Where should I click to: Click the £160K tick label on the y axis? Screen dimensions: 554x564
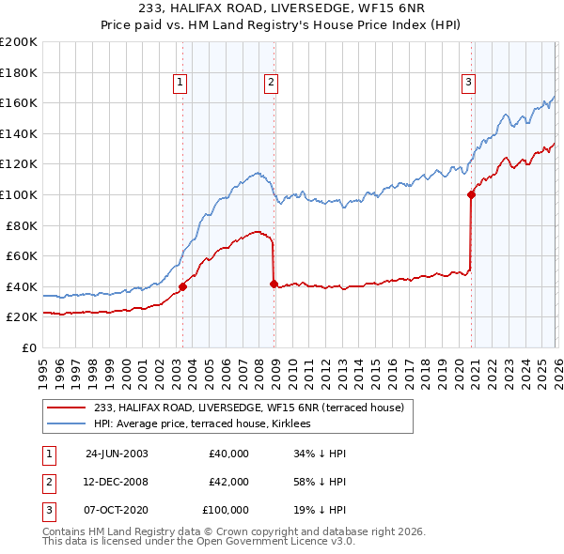pyautogui.click(x=19, y=102)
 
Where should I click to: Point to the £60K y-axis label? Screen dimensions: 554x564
pyautogui.click(x=22, y=255)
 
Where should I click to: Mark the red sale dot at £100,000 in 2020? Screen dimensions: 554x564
pyautogui.click(x=470, y=195)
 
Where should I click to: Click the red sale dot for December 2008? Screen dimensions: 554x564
pyautogui.click(x=274, y=284)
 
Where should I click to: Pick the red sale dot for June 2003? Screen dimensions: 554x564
pyautogui.click(x=182, y=286)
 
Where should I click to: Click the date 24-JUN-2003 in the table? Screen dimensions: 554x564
pyautogui.click(x=117, y=454)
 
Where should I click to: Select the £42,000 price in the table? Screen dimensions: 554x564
pyautogui.click(x=228, y=482)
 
